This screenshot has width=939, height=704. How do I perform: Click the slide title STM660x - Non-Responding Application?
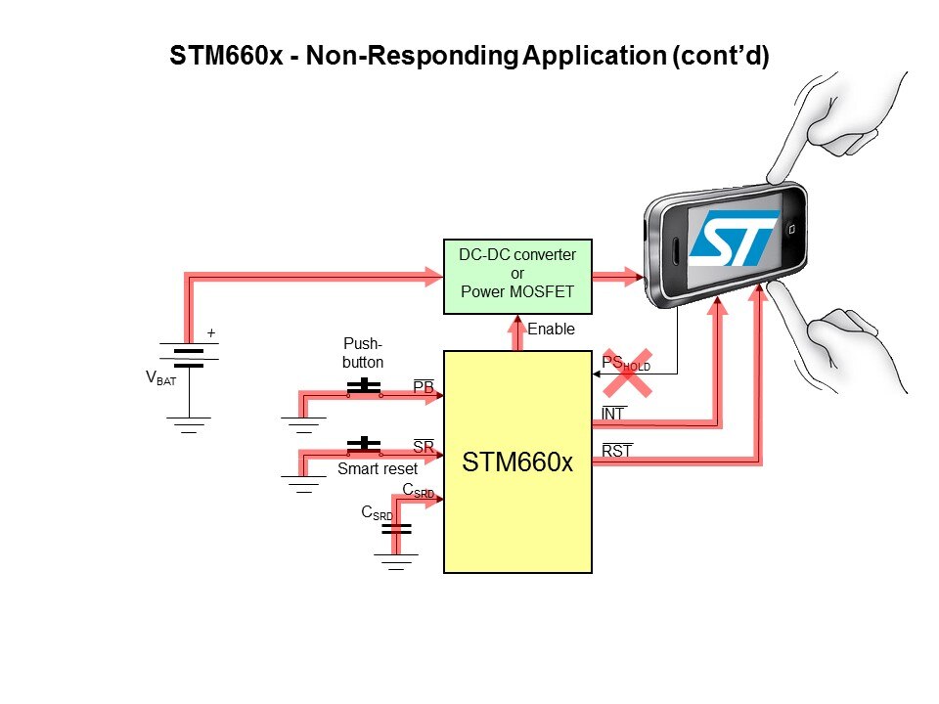pos(469,56)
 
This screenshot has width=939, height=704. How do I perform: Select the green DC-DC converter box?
pos(517,276)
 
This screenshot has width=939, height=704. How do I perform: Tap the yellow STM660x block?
pos(517,462)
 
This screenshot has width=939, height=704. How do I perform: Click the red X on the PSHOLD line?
pos(627,372)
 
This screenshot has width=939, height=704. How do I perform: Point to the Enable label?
pos(551,330)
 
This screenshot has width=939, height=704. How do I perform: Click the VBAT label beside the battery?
pos(160,378)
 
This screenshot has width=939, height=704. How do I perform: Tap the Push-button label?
pos(364,353)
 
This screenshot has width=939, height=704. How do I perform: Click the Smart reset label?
pos(378,468)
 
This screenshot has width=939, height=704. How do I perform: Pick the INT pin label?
pos(612,415)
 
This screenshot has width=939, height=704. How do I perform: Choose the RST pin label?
pos(617,451)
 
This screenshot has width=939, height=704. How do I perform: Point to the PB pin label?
pos(424,388)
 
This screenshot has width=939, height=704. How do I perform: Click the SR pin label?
pos(424,447)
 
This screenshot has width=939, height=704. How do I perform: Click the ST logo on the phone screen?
pos(734,238)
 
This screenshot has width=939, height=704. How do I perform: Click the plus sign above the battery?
pos(209,334)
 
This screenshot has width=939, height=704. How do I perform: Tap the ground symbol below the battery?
pos(189,423)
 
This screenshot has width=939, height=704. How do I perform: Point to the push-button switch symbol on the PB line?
pos(364,386)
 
